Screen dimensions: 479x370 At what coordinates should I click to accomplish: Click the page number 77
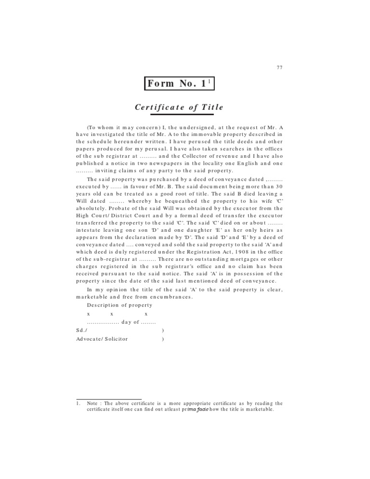(279, 67)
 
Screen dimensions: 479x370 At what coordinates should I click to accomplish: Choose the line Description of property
(119, 305)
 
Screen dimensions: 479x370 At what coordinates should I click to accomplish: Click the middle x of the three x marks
(112, 314)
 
